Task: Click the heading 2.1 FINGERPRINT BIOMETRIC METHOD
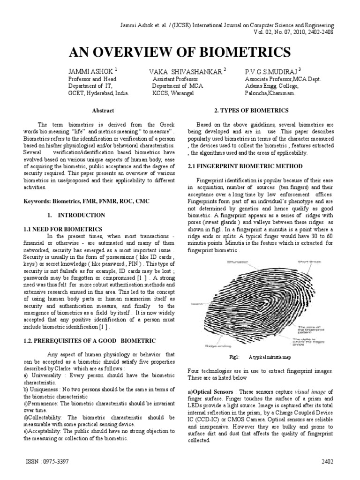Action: [245, 166]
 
